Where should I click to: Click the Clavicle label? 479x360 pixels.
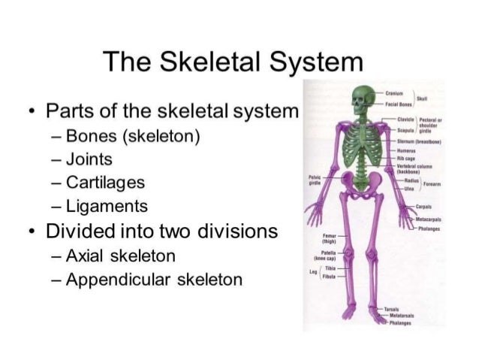coord(405,119)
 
